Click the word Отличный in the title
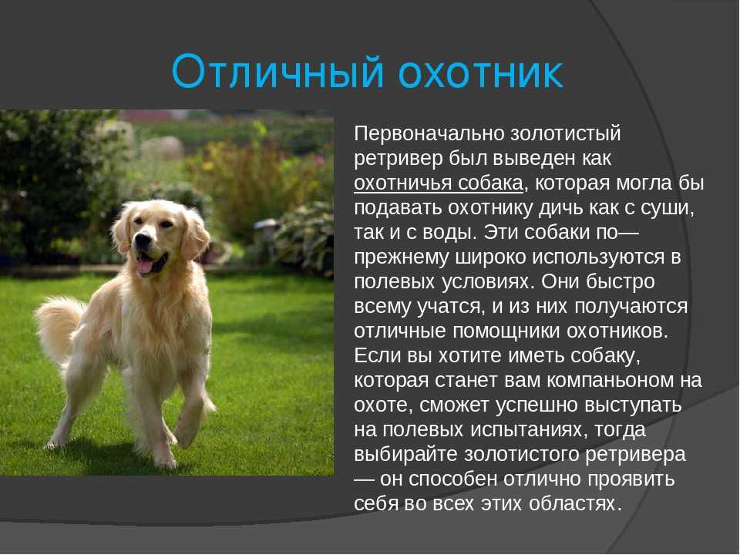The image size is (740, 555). pos(277,72)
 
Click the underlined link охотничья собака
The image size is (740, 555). pos(439,183)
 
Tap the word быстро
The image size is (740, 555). pos(620,282)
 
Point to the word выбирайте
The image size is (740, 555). pos(406,455)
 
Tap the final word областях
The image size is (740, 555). pos(573,503)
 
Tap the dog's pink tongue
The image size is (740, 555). pos(144,266)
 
